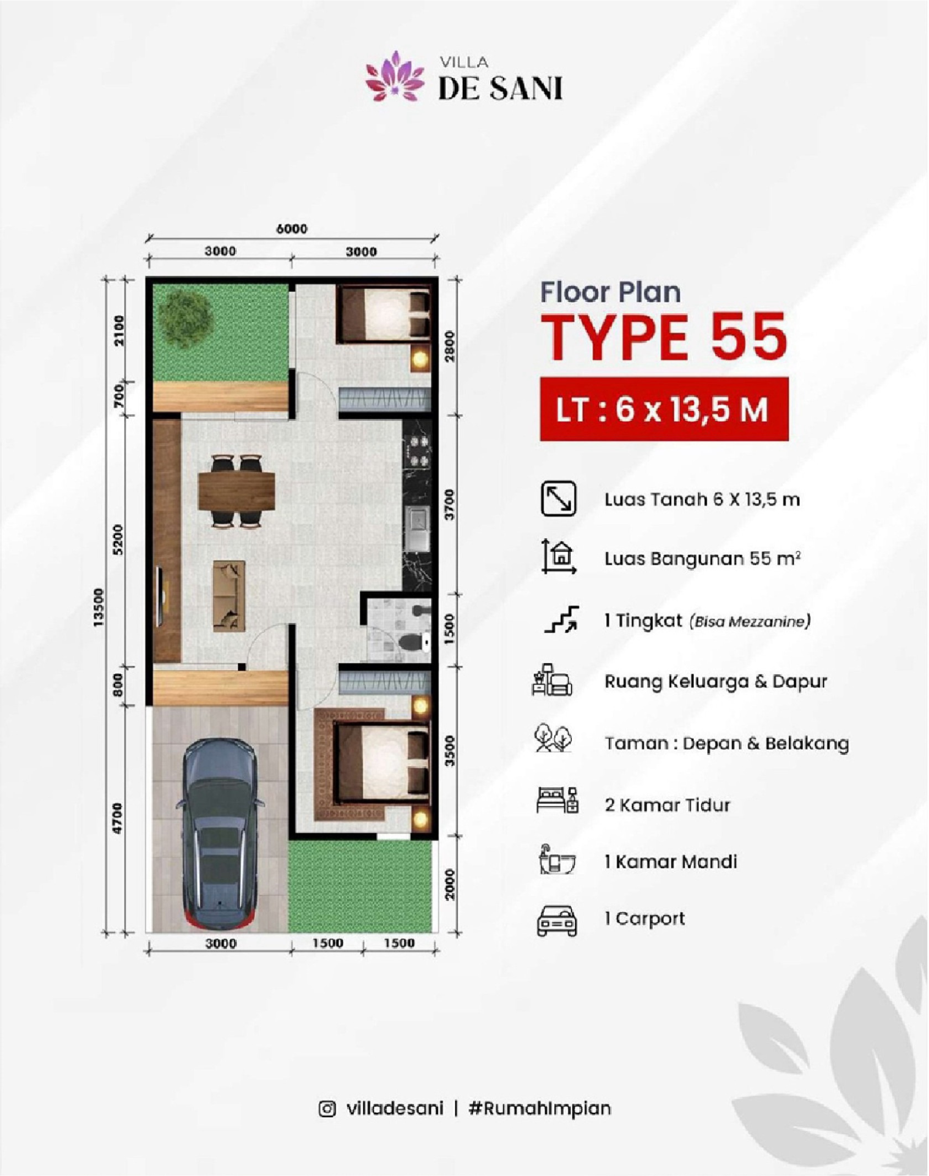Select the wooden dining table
(237, 491)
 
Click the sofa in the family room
(229, 596)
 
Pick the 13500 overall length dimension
(99, 607)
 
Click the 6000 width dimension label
(292, 228)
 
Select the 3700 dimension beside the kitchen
(450, 504)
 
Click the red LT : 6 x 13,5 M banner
(664, 409)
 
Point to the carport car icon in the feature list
(557, 919)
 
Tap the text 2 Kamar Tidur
(667, 805)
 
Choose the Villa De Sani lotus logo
(395, 76)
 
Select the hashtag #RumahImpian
(539, 1108)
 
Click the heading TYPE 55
(664, 336)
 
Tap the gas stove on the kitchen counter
(417, 450)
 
